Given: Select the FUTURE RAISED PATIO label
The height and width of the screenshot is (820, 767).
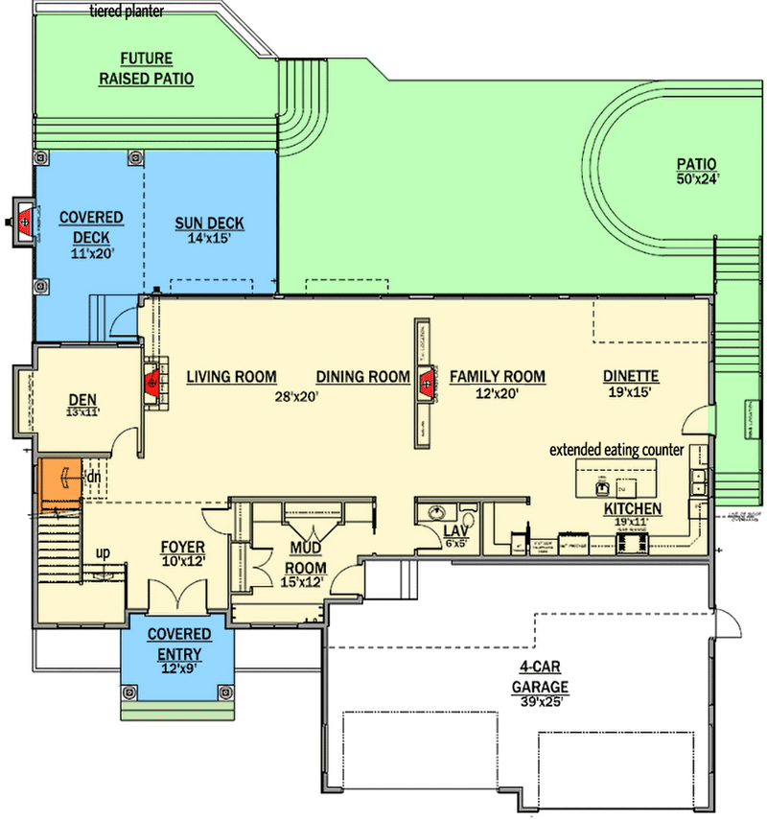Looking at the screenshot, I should click(146, 68).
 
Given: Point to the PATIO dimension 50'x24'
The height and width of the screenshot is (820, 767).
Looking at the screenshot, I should click(697, 178).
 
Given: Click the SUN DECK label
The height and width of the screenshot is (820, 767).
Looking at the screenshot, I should click(209, 223).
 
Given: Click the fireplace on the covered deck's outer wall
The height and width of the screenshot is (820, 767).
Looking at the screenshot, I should click(23, 222).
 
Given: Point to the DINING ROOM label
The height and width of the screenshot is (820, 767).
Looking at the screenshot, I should click(363, 377).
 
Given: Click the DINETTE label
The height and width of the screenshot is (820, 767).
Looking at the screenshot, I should click(631, 377).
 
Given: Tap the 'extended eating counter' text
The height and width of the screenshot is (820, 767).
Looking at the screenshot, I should click(616, 449).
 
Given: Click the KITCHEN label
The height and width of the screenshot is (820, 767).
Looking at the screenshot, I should click(631, 507).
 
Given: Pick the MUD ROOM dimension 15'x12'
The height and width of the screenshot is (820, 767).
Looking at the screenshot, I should click(303, 580).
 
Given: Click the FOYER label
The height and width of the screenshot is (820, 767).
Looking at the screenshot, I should click(182, 546).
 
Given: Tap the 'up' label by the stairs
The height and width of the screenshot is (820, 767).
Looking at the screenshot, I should click(101, 553).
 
